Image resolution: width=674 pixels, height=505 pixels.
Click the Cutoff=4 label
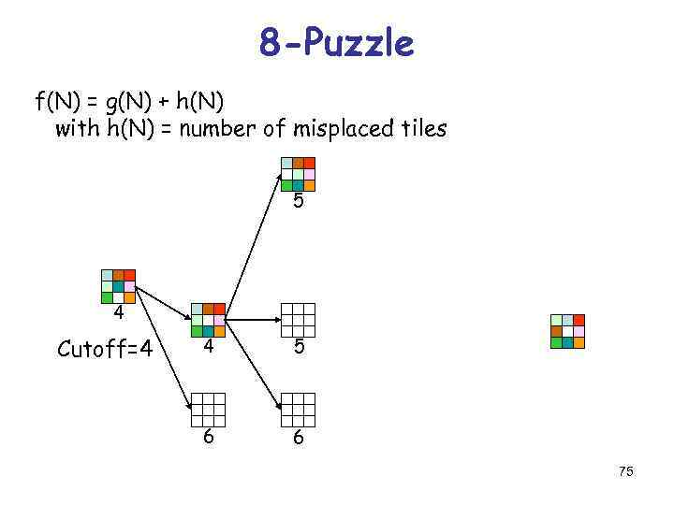(x=105, y=350)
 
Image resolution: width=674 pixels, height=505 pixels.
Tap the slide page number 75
(x=625, y=471)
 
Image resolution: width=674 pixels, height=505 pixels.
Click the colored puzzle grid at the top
(x=298, y=173)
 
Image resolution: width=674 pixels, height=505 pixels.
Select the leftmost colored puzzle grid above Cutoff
(x=118, y=286)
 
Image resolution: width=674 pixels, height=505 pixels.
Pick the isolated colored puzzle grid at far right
(x=567, y=331)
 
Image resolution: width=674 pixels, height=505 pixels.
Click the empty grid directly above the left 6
(x=208, y=409)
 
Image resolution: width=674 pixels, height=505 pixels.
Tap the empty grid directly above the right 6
(x=299, y=409)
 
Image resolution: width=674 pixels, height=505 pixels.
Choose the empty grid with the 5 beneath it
(x=299, y=320)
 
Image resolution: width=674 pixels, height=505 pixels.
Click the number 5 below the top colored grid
(x=298, y=201)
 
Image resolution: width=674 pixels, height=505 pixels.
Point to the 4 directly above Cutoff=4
(x=119, y=311)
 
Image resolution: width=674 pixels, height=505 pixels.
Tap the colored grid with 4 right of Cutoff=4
(x=207, y=320)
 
